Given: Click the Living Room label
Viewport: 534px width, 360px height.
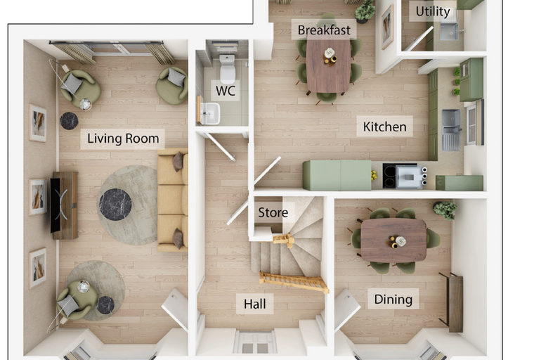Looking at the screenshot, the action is click(x=123, y=139).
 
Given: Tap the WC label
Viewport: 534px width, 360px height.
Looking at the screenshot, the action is click(x=226, y=91).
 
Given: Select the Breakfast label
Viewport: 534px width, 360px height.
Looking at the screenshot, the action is click(x=324, y=30).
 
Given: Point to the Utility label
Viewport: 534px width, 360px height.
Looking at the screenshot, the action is click(x=433, y=11).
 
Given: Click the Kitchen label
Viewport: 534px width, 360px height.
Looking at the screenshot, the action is click(x=384, y=127).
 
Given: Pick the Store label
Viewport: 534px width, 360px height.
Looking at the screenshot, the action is click(x=273, y=212).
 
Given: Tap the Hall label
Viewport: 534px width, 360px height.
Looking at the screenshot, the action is click(x=255, y=304).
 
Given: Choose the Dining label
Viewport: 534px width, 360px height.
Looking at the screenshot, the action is click(x=393, y=300).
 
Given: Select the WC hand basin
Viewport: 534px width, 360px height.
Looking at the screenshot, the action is click(x=210, y=113).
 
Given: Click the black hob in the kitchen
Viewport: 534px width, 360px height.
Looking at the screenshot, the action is click(x=390, y=176).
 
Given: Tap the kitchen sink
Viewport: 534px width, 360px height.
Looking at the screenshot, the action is click(x=451, y=129).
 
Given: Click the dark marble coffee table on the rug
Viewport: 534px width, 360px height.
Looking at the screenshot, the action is click(x=115, y=205).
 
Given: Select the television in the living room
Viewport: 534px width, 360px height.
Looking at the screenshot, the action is click(x=56, y=205).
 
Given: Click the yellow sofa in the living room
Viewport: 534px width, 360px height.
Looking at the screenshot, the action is click(x=173, y=200).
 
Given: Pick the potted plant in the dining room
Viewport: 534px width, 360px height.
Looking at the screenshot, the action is click(x=445, y=210).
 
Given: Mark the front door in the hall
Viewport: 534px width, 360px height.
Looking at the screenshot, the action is click(x=255, y=342).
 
